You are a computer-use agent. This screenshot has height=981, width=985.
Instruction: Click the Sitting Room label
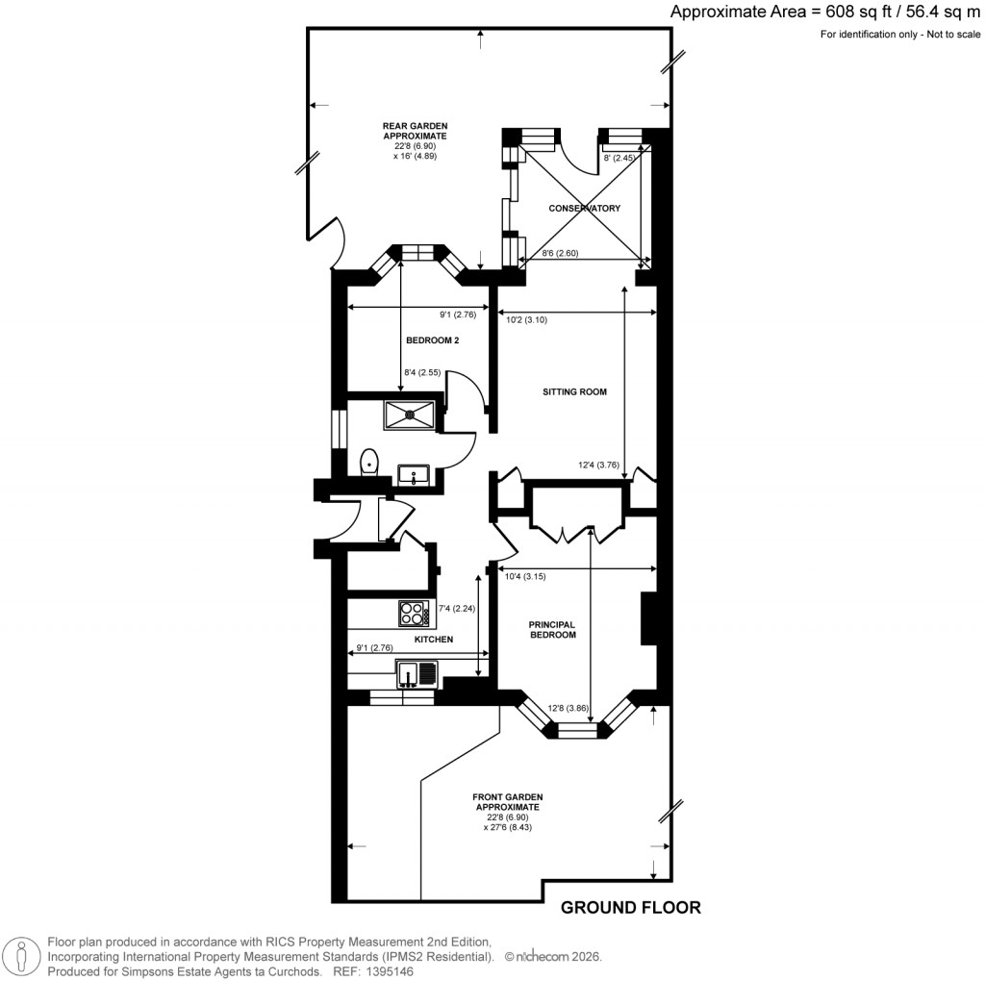pyautogui.click(x=575, y=392)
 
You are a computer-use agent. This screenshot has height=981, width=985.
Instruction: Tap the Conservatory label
pyautogui.click(x=584, y=209)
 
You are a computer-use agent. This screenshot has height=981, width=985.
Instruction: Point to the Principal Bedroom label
pyautogui.click(x=552, y=630)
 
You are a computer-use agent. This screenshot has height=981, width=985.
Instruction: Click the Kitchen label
pyautogui.click(x=433, y=640)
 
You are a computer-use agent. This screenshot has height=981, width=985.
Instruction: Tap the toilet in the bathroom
pyautogui.click(x=368, y=464)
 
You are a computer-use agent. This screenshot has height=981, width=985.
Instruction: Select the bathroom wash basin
pyautogui.click(x=415, y=473)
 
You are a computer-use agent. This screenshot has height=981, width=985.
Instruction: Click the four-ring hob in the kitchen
pyautogui.click(x=414, y=611)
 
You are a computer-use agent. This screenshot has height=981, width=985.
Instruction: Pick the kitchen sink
pyautogui.click(x=416, y=673)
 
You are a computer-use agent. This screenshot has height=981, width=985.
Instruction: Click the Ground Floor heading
pyautogui.click(x=630, y=907)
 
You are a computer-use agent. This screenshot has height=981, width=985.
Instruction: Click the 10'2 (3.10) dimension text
pyautogui.click(x=526, y=320)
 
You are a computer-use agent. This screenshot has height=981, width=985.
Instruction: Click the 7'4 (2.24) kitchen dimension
pyautogui.click(x=457, y=608)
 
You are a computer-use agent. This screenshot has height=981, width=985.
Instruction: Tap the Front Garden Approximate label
pyautogui.click(x=508, y=812)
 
